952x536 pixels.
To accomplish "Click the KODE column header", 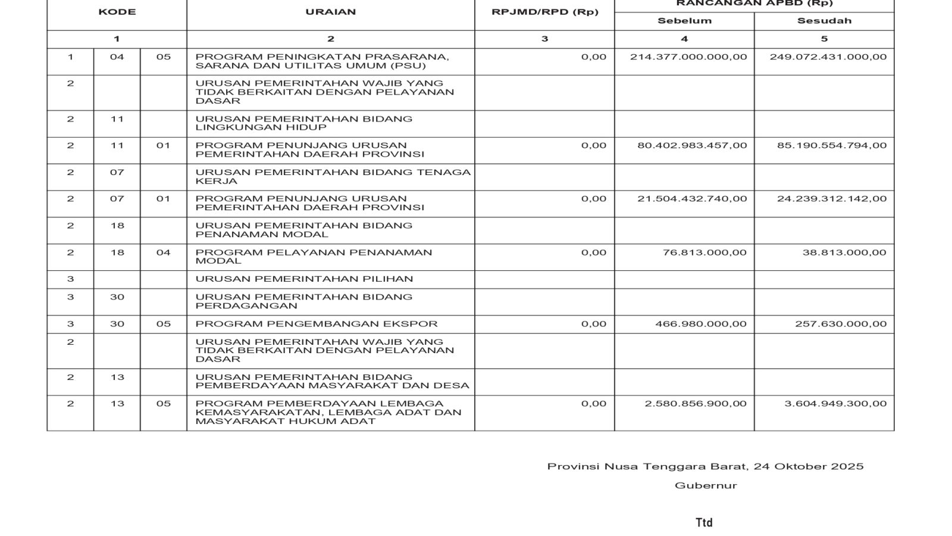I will pos(117,12).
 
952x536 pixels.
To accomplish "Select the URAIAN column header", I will pos(330,12).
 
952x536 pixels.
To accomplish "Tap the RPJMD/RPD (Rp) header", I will pos(544,12).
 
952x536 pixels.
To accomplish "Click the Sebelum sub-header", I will pos(684,21).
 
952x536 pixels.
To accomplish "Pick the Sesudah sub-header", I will pos(824,21).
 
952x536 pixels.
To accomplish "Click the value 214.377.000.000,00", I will pos(688,57).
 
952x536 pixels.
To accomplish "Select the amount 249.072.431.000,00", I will pos(828,57).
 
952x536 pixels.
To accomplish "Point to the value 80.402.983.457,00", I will pos(692,145).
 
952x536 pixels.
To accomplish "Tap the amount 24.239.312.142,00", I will pos(831,199).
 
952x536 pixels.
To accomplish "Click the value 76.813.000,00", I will pos(704,253).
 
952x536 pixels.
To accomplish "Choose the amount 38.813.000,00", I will pos(844,253).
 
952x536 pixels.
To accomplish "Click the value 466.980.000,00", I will pos(701,324).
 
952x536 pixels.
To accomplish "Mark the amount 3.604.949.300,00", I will pos(835,404).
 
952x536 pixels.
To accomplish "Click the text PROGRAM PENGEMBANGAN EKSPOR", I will pos(317,324).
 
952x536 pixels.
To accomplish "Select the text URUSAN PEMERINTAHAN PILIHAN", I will pos(304,279).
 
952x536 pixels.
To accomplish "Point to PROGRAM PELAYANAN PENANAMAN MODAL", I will pos(314,257).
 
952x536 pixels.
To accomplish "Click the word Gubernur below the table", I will pos(706,485).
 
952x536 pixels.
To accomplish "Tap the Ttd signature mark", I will pos(704,522).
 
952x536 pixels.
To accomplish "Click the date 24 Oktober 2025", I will pos(809,466).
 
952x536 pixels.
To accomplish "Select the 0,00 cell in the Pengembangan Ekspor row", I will pos(594,324).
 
